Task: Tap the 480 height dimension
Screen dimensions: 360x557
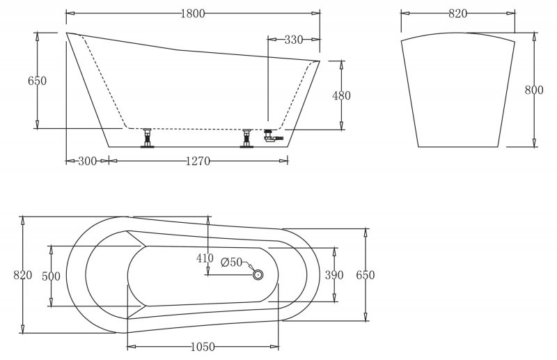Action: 342,95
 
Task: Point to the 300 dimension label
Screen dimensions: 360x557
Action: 87,161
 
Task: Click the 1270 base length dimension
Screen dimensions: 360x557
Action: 198,161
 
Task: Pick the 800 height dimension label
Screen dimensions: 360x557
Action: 534,90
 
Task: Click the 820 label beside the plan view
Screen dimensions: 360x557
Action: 23,275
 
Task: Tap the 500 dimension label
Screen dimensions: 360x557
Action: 51,276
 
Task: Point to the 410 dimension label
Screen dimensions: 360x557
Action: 204,258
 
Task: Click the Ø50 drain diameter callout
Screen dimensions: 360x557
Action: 231,263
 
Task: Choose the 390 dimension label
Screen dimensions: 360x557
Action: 334,275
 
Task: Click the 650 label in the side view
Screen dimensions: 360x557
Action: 37,81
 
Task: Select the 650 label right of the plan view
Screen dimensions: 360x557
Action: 366,275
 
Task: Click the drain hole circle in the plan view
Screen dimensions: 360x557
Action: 258,275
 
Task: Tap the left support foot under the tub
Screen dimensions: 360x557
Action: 147,138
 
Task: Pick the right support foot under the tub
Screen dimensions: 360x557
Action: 246,138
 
